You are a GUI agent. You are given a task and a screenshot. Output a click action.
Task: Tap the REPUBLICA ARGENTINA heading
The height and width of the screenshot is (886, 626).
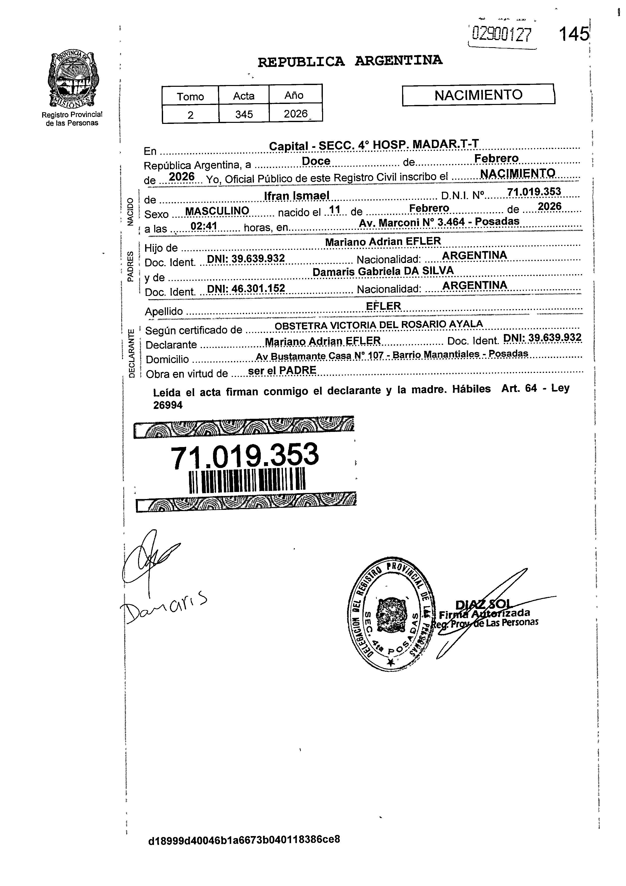(x=350, y=61)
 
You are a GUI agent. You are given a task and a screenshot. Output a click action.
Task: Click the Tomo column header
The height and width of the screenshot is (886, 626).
(x=190, y=96)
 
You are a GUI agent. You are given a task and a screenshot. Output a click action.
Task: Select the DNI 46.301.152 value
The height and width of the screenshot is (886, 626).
(x=246, y=288)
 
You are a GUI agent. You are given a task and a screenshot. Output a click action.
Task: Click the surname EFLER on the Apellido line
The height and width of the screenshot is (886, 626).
(x=383, y=306)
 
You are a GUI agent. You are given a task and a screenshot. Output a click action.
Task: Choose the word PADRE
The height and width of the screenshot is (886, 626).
(x=297, y=370)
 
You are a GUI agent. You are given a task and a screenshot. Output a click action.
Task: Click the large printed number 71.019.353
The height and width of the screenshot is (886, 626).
(x=245, y=455)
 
